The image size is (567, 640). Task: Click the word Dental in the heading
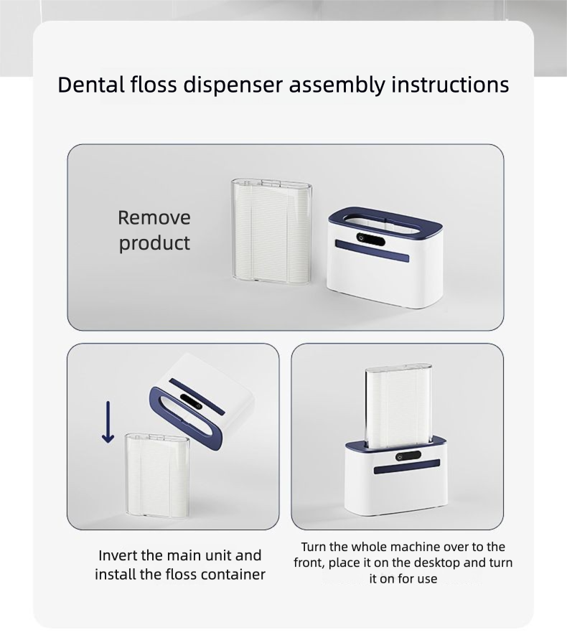91,85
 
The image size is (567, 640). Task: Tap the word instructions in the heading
450,85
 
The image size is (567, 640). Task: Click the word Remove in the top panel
154,217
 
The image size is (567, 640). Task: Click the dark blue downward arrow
108,422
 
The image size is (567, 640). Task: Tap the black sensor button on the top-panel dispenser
370,239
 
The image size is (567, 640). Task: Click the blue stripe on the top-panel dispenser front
372,250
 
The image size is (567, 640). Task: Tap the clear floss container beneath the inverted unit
158,474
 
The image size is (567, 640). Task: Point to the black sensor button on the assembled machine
408,456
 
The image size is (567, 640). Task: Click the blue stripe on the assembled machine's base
407,466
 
